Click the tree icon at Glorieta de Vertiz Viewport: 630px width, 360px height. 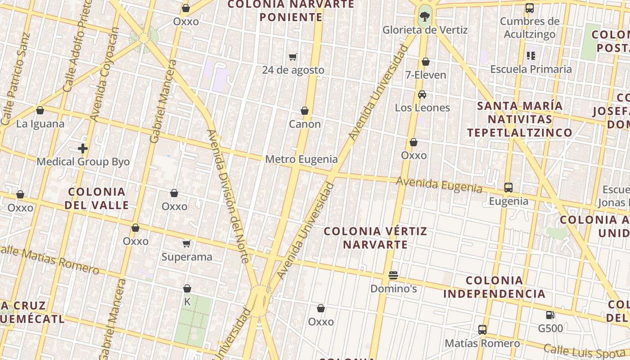(x=424, y=17)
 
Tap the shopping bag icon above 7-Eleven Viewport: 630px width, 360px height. (x=426, y=62)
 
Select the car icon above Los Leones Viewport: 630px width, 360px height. (x=422, y=94)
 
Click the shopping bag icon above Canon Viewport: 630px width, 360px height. (x=305, y=111)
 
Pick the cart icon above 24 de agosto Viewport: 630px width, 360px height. (x=293, y=57)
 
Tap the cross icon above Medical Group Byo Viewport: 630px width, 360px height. (x=83, y=148)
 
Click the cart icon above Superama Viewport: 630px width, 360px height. (x=187, y=244)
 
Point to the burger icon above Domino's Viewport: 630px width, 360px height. (x=393, y=275)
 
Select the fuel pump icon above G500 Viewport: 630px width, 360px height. (x=550, y=315)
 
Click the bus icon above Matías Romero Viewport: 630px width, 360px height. (x=482, y=330)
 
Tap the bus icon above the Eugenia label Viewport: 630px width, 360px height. (x=508, y=188)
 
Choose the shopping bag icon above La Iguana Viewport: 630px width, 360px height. (x=40, y=110)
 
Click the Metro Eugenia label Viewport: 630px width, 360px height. (x=301, y=159)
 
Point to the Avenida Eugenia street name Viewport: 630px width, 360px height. (x=439, y=185)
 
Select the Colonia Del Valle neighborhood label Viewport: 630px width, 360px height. (x=97, y=198)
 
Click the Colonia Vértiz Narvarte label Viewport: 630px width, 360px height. (x=375, y=238)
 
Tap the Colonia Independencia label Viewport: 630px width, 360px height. (x=494, y=287)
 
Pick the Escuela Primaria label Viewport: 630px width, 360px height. (x=531, y=69)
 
